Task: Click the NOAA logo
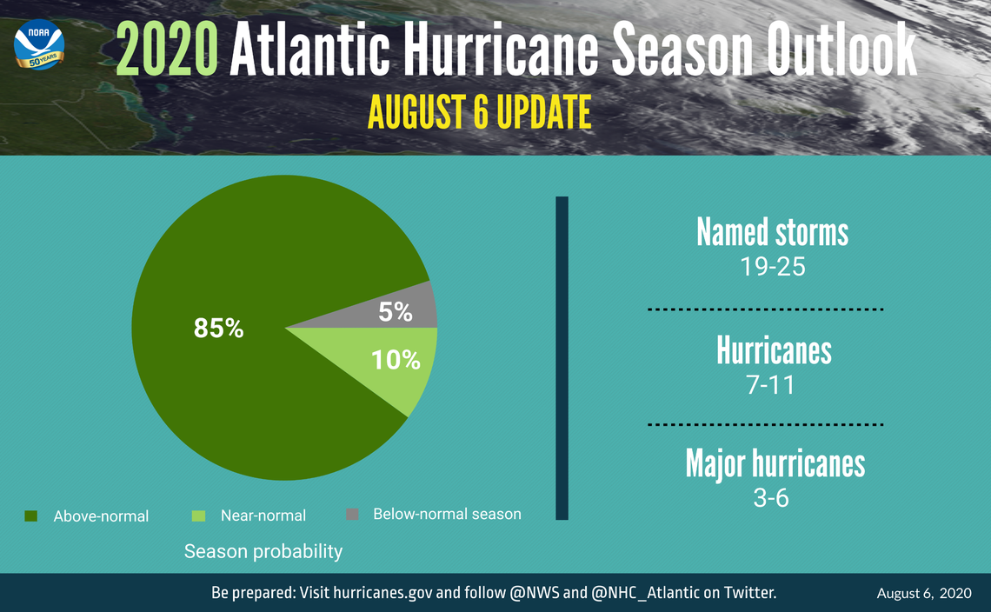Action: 39,48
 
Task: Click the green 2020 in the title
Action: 165,50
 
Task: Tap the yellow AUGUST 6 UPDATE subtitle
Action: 479,113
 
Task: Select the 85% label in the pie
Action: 218,329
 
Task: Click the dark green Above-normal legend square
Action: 31,516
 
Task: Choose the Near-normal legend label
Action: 263,516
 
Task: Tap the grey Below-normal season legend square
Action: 352,514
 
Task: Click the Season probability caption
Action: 263,551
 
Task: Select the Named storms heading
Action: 772,232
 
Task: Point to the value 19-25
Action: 772,266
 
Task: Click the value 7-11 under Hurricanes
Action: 772,384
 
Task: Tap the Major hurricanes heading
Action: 775,463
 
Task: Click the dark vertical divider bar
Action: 562,357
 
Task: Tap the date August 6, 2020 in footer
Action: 923,594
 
